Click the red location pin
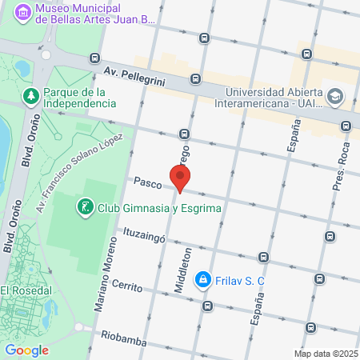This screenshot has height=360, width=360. (181, 178)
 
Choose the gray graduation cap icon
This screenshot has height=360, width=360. (334, 97)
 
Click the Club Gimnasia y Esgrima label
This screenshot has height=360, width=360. (158, 209)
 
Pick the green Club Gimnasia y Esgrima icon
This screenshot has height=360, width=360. (84, 209)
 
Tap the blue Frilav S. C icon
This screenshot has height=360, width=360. (203, 279)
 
